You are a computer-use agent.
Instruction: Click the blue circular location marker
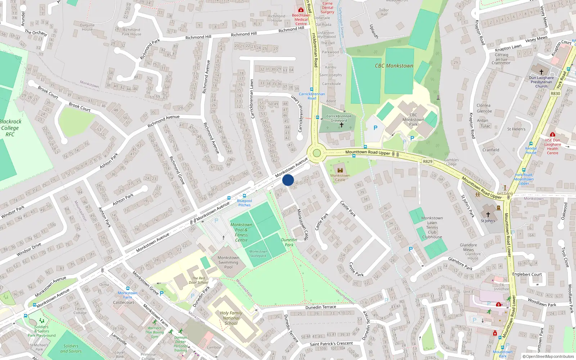pos(288,180)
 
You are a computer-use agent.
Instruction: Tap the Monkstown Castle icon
pos(340,170)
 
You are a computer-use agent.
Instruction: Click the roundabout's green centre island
pos(317,153)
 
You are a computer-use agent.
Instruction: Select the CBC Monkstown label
pos(394,66)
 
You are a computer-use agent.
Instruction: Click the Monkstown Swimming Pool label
pos(228,262)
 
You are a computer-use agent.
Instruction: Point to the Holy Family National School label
pos(231,318)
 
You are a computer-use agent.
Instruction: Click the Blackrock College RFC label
pos(10,128)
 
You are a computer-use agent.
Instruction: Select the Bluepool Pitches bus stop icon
pos(244,196)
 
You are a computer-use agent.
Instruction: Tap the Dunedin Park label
pos(289,242)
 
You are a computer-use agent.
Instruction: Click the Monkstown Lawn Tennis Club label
pos(432,228)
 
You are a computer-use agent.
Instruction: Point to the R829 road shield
pos(428,161)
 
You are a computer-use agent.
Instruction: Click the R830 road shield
pos(555,93)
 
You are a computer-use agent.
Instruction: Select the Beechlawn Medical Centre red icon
pos(301,10)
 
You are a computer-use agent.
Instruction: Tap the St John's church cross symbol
pos(488,215)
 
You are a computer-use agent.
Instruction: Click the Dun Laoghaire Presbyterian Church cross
pos(541,72)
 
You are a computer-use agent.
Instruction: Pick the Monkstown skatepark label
pos(258,254)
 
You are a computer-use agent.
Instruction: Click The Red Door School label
pos(198,280)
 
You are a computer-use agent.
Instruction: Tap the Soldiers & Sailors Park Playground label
pos(42,331)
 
